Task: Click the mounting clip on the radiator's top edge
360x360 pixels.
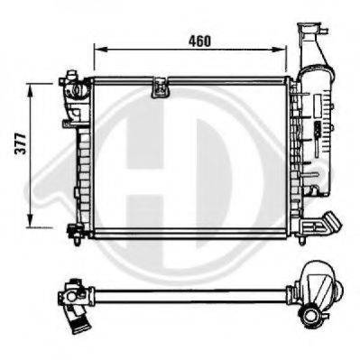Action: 162,87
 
